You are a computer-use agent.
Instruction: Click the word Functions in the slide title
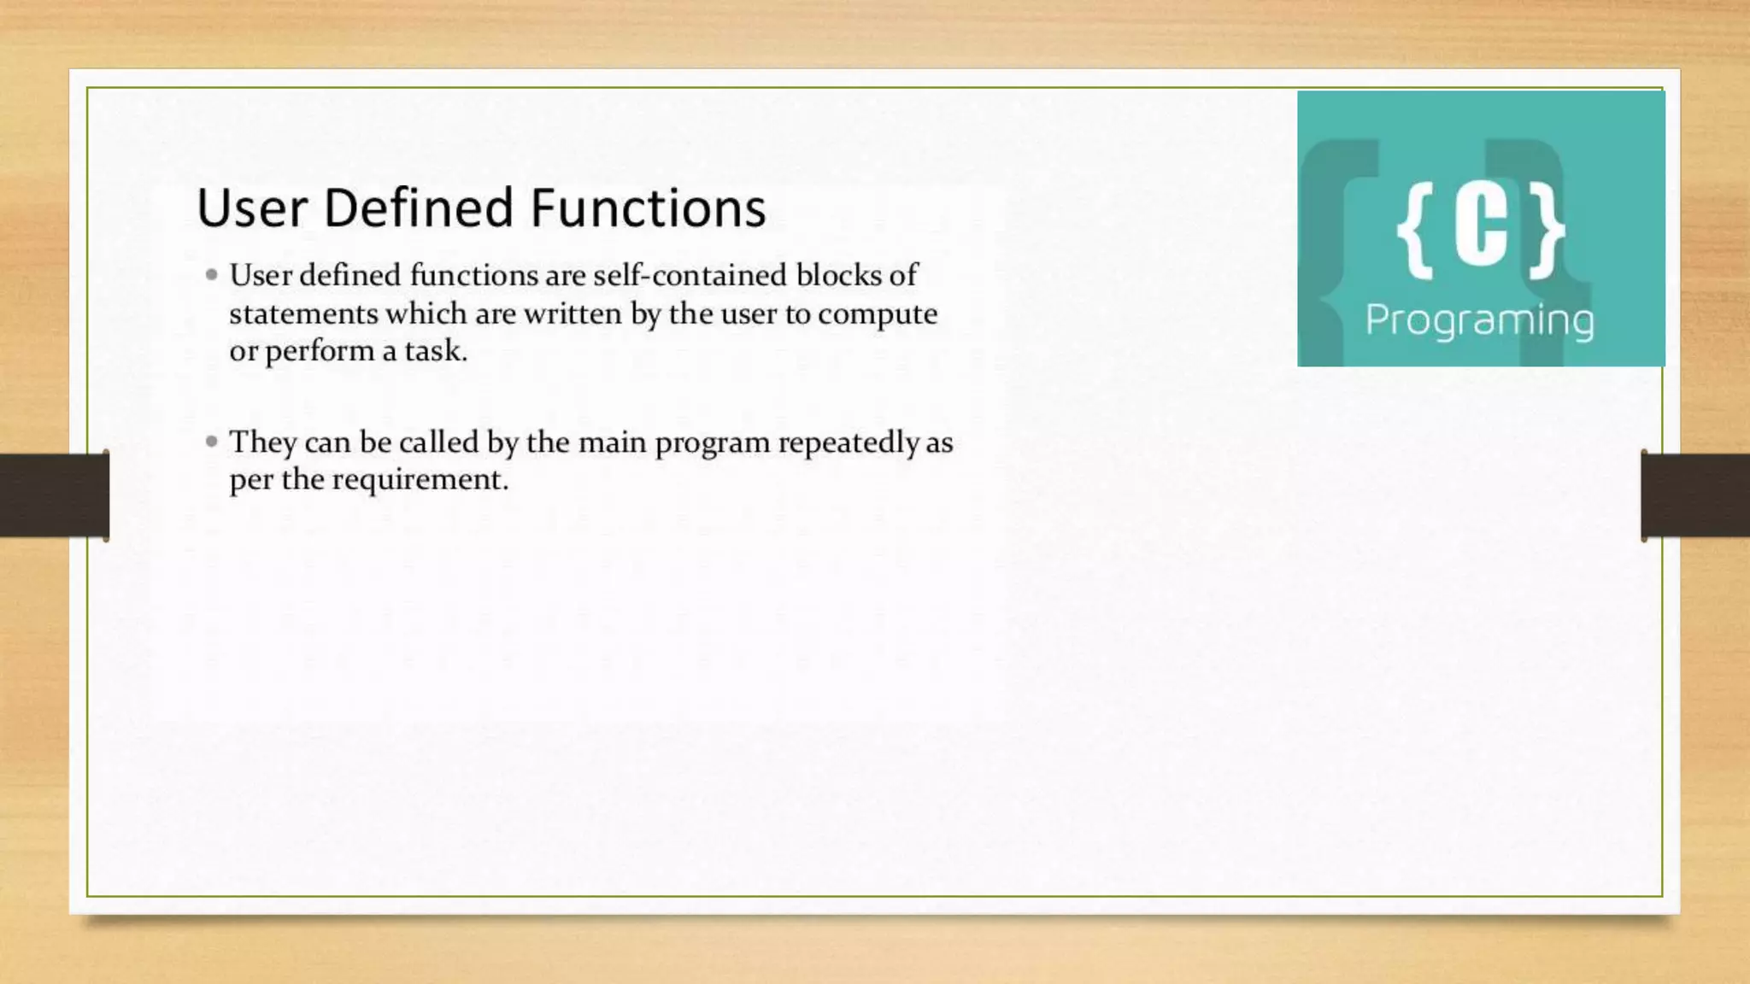(x=648, y=208)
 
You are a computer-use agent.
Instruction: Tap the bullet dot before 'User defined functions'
(x=212, y=275)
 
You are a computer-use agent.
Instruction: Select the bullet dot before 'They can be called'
(x=212, y=442)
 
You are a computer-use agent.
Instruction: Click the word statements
(x=303, y=313)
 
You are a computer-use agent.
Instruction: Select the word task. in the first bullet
(x=436, y=351)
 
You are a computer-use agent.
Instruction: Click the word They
(x=262, y=442)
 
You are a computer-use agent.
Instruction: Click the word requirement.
(x=420, y=480)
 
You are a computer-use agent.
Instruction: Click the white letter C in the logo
(x=1481, y=227)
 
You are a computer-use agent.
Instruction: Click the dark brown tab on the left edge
(x=54, y=495)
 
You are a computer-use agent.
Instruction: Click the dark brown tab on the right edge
(x=1695, y=495)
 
